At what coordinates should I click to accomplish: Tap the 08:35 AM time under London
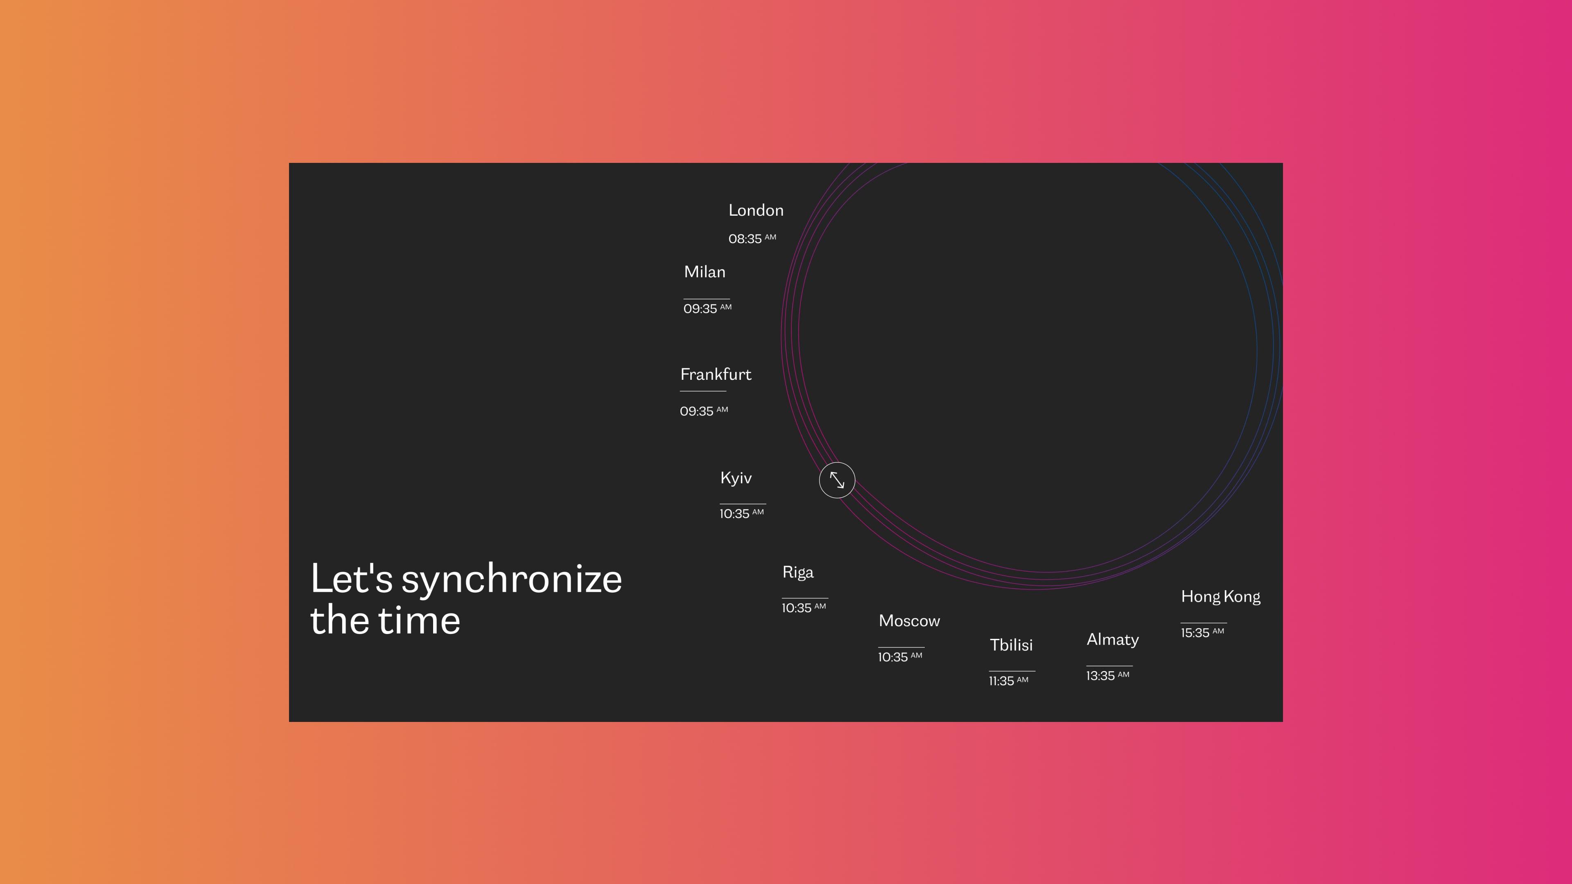[x=752, y=239]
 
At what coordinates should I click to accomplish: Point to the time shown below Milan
[x=707, y=308]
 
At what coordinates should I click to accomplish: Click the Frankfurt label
[x=716, y=374]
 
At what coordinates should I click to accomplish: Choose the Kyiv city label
[x=736, y=478]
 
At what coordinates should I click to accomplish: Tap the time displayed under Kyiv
[x=741, y=513]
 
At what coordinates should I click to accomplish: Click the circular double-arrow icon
[x=837, y=480]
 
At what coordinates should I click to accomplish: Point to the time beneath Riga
[x=804, y=608]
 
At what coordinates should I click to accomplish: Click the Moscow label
[x=909, y=621]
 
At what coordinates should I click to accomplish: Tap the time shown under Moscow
[x=900, y=656]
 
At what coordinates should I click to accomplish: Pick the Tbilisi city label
[x=1011, y=645]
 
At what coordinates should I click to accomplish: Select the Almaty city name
[x=1113, y=640]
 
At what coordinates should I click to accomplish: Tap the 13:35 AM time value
[x=1108, y=675]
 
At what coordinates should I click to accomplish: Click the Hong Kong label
[x=1220, y=597]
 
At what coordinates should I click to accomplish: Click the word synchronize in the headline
[x=511, y=580]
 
